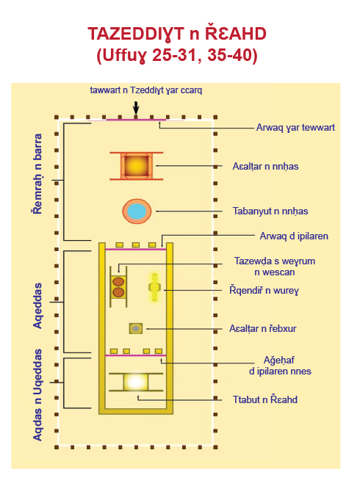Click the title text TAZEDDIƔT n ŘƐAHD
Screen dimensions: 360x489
(x=177, y=34)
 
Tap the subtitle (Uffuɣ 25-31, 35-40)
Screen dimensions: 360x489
(x=177, y=55)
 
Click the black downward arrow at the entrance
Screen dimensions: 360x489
(x=136, y=108)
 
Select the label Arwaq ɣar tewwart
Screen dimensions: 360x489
(x=295, y=128)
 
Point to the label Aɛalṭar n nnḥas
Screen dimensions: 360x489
(x=265, y=166)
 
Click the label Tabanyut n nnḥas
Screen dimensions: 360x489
(x=270, y=211)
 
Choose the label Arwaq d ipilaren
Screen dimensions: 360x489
(x=294, y=236)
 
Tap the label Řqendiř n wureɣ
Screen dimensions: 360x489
(x=264, y=290)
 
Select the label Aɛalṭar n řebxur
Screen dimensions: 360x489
(x=263, y=328)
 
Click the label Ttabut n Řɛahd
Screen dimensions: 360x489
(x=264, y=399)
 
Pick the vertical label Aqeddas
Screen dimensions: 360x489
(x=37, y=305)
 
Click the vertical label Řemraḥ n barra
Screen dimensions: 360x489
(x=37, y=174)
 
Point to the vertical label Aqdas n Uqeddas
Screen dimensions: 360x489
(x=37, y=395)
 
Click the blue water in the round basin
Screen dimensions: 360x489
(x=137, y=211)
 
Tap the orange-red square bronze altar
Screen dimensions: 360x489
(x=137, y=166)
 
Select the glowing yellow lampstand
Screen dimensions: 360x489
(x=154, y=287)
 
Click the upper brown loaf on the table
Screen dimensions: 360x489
(x=118, y=282)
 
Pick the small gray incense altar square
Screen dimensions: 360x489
(x=136, y=328)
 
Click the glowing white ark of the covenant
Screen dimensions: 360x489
(x=135, y=382)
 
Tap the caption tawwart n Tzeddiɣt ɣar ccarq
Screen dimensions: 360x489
(x=146, y=90)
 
